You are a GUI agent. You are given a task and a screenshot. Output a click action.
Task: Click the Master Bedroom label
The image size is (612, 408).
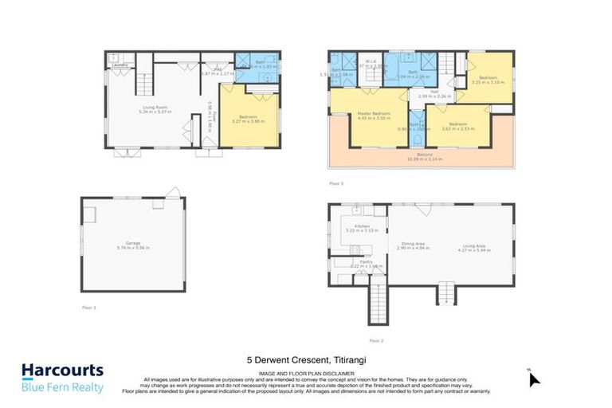[x=374, y=116]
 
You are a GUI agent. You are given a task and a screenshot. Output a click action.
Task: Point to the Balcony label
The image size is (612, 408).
[x=424, y=156]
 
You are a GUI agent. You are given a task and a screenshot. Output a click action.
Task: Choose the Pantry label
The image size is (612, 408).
[x=367, y=262]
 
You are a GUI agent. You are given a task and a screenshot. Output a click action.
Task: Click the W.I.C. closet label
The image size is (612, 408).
[x=371, y=61]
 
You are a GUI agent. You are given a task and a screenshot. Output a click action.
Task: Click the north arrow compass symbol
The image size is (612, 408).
[x=533, y=378]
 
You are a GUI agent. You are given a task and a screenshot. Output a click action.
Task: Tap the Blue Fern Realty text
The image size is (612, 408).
[x=63, y=387]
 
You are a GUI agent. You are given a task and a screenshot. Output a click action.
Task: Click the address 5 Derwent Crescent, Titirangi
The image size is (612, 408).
[x=306, y=359]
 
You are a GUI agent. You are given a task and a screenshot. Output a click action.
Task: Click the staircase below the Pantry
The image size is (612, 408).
[x=376, y=304]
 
